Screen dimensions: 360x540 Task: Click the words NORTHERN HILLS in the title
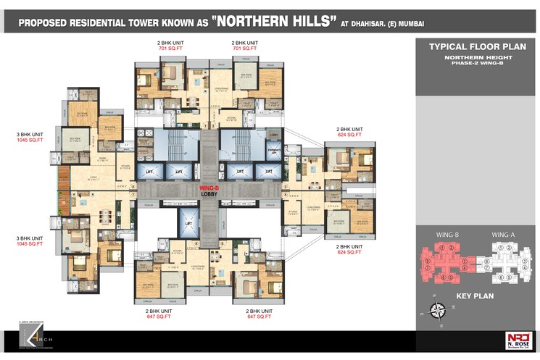(x=275, y=21)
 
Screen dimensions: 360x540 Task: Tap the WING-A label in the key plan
(x=503, y=235)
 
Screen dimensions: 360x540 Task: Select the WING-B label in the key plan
(x=448, y=235)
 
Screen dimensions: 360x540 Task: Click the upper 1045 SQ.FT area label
(x=30, y=139)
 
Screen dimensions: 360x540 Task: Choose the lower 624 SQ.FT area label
(x=349, y=253)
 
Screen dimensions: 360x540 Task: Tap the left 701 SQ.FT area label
(x=170, y=49)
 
